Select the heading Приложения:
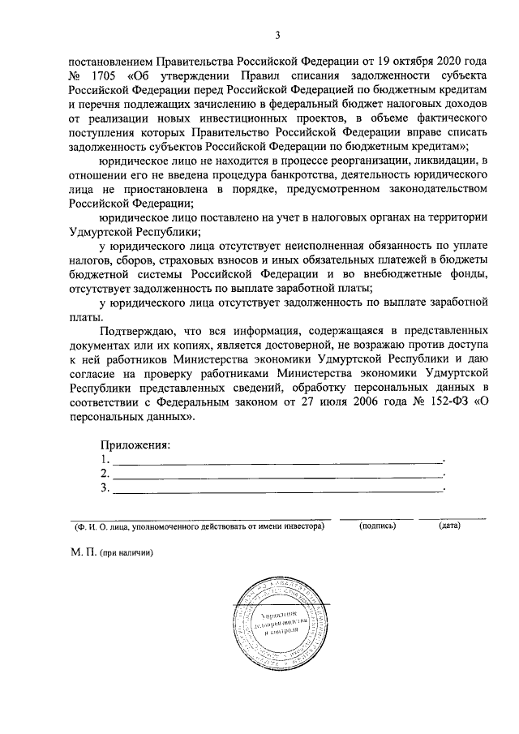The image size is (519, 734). (135, 444)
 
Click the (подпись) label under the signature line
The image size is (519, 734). (377, 526)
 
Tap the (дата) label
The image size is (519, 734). (449, 526)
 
